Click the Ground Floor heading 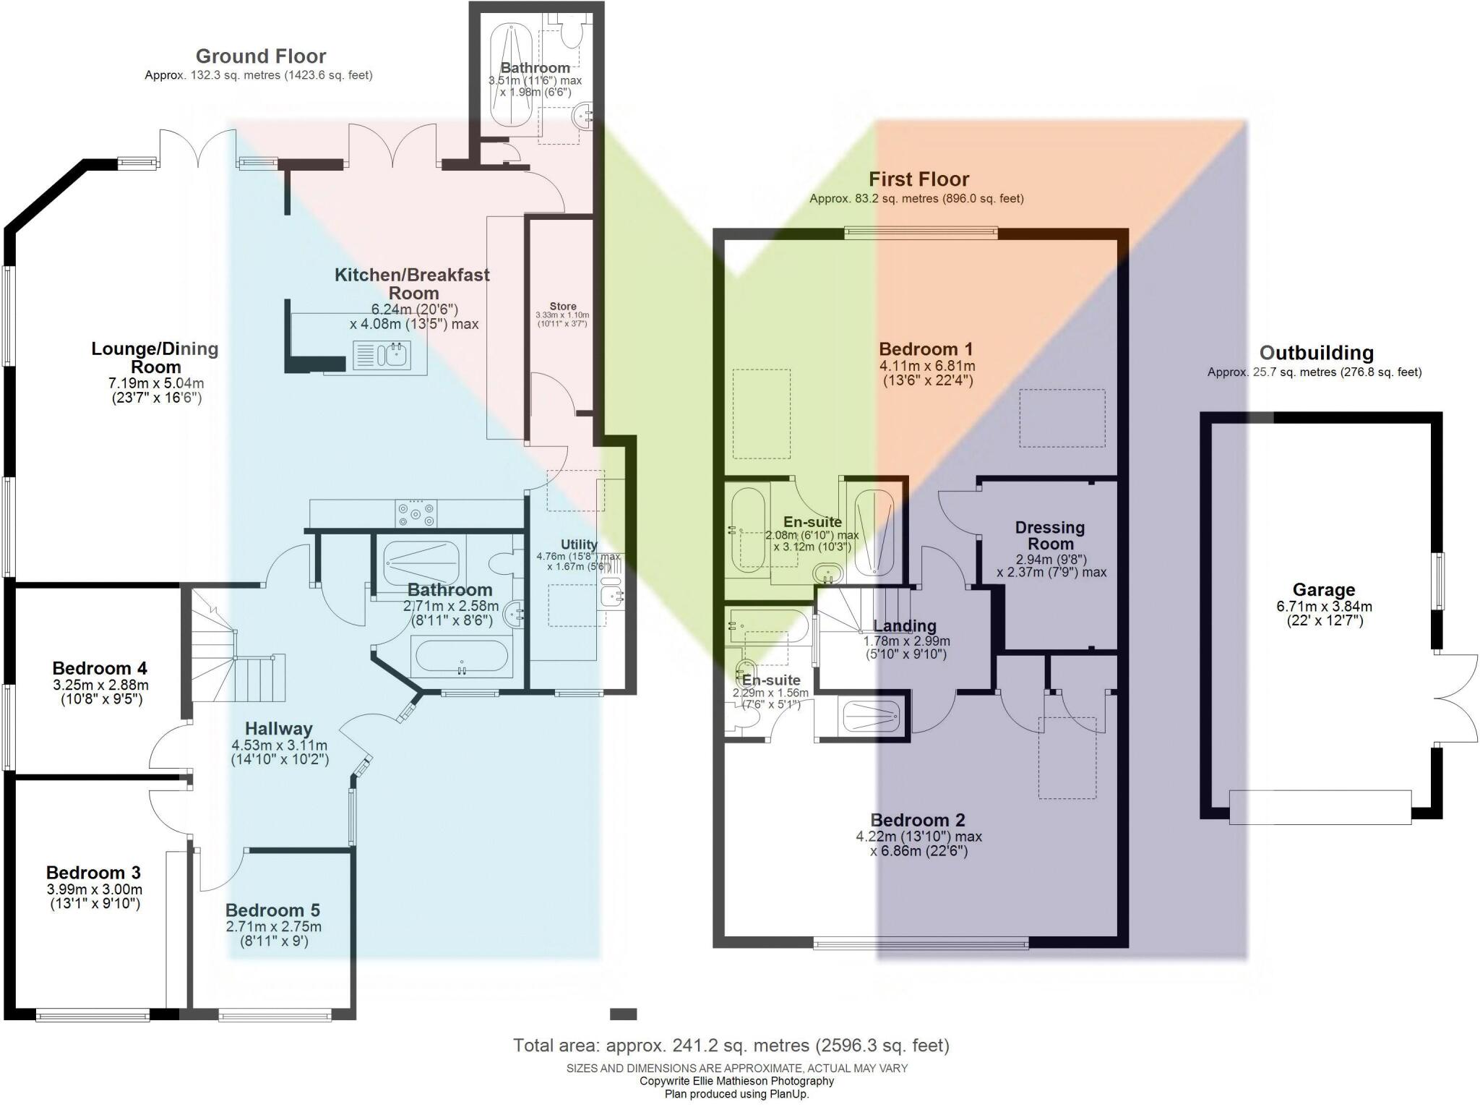261,56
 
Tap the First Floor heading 918,179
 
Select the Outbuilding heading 1316,353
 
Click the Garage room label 1324,590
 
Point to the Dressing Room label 1050,536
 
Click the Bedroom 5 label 272,910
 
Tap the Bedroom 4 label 100,668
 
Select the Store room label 563,307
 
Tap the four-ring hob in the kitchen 416,514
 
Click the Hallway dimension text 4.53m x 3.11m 279,745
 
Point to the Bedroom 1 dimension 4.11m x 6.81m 928,367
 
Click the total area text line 731,1046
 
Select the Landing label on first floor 905,626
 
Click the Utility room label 579,544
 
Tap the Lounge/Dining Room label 155,357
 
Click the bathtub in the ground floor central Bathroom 461,656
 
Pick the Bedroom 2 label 918,820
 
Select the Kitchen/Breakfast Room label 412,284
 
